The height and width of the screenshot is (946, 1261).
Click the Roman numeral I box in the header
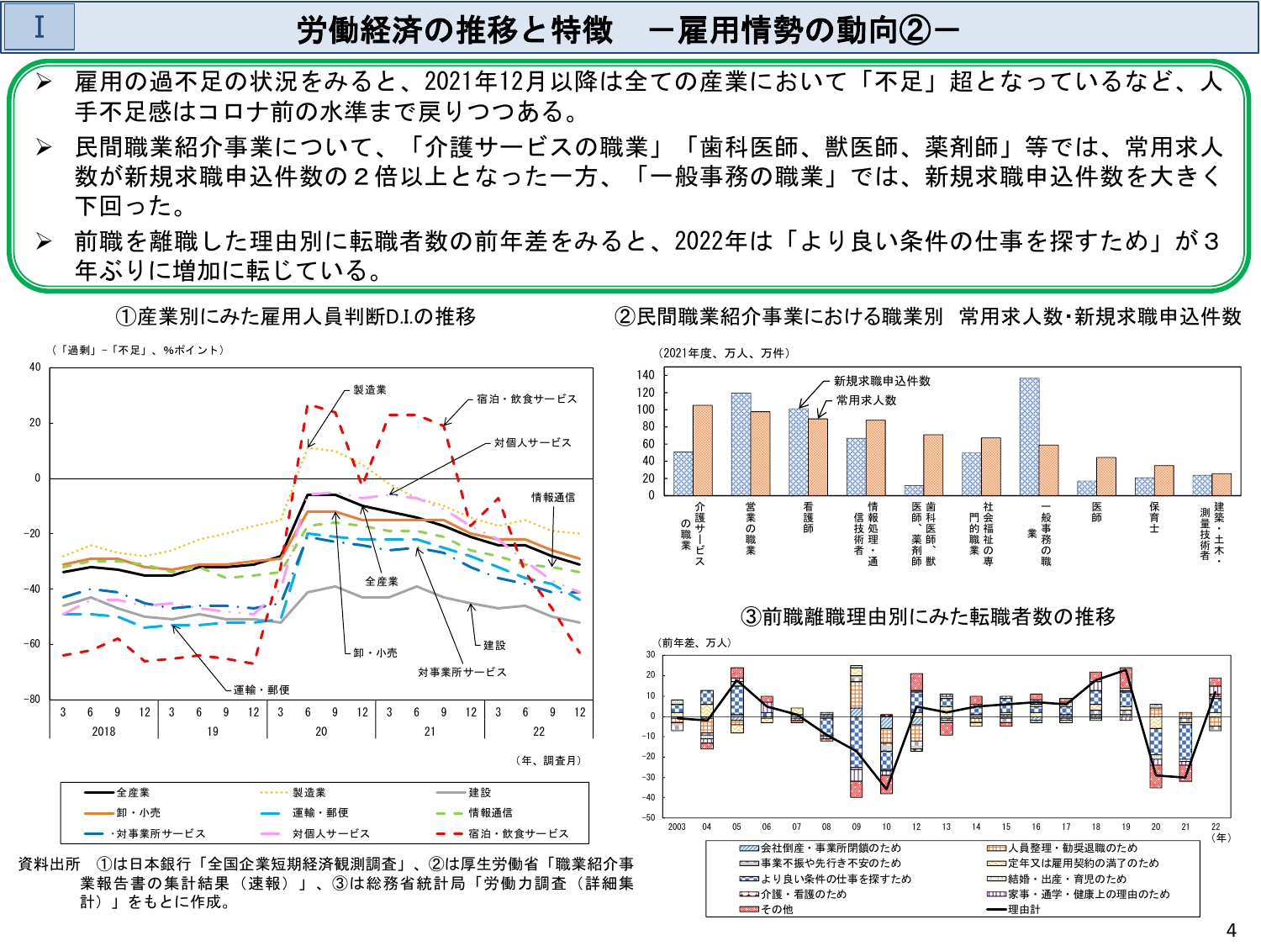tap(40, 27)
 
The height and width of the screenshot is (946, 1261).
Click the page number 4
tap(1231, 929)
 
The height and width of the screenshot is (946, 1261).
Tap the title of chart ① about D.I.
tap(295, 316)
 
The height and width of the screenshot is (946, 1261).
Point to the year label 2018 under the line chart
tap(103, 732)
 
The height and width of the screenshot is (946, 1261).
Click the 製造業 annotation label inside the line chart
tap(370, 389)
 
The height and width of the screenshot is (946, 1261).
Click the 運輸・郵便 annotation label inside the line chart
tap(261, 690)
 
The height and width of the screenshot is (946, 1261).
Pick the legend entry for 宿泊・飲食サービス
tap(518, 833)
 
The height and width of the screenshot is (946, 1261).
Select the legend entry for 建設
tap(479, 792)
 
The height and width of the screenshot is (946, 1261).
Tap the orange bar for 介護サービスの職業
tap(703, 450)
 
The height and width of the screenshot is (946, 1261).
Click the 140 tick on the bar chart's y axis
tap(646, 375)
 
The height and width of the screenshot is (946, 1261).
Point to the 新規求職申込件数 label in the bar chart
tap(882, 381)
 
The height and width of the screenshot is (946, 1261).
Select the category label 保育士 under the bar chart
tap(1154, 518)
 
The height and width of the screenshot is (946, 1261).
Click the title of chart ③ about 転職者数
tap(928, 616)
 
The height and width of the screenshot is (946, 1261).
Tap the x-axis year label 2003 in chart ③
tap(677, 827)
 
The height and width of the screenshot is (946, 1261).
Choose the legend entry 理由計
tap(1023, 909)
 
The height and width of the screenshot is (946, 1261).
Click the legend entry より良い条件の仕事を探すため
tap(836, 879)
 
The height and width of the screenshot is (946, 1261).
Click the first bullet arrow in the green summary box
tap(44, 82)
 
